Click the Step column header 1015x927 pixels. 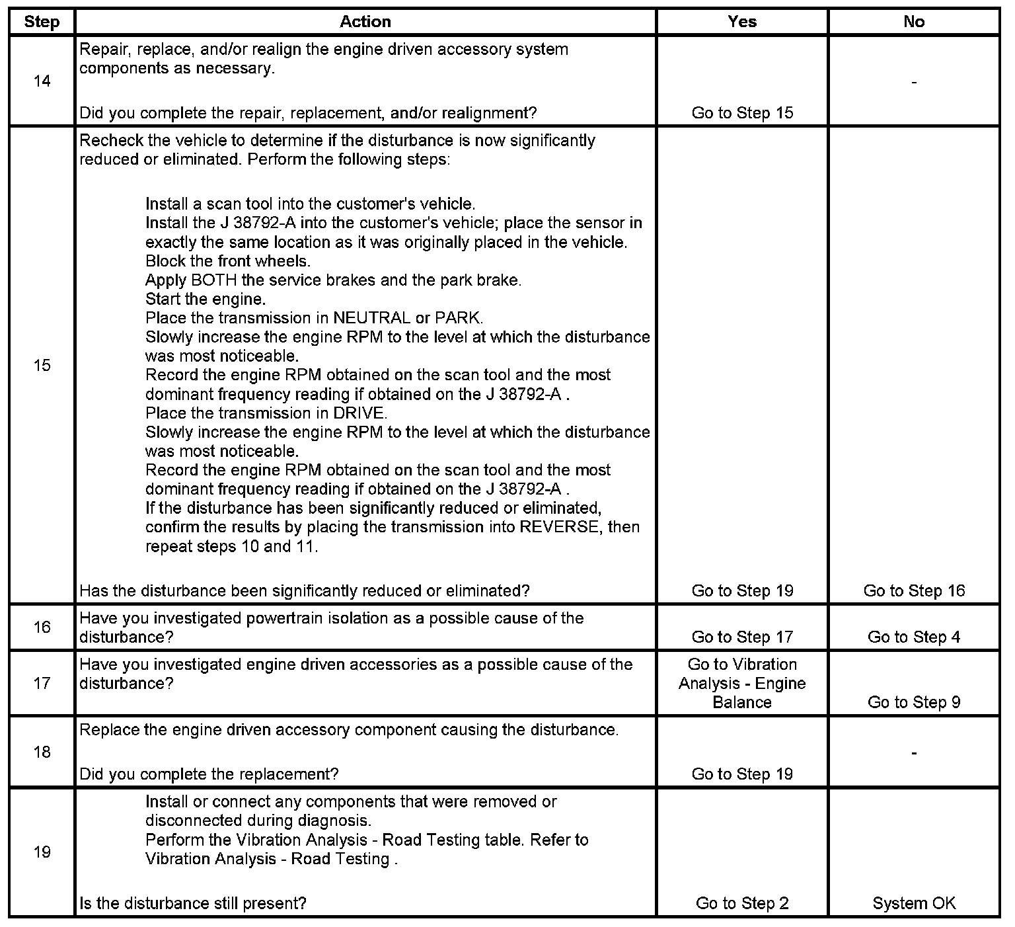(x=42, y=22)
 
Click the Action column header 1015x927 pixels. (x=365, y=22)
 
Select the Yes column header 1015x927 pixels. (x=742, y=22)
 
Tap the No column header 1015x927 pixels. (x=914, y=22)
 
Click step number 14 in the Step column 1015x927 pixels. (x=42, y=81)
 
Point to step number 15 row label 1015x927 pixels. (x=42, y=365)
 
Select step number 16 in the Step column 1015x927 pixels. (x=42, y=627)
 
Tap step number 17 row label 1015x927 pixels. (x=42, y=683)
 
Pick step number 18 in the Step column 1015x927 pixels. (x=42, y=752)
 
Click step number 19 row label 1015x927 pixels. (x=42, y=852)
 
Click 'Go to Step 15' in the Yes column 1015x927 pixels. (x=742, y=113)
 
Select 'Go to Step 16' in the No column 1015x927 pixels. (x=914, y=590)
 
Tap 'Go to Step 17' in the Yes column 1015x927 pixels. (x=742, y=637)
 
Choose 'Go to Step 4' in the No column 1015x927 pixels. (x=914, y=637)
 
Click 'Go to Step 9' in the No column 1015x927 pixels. (x=914, y=702)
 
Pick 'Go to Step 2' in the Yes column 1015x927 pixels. (x=742, y=903)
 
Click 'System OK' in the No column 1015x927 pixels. (x=914, y=903)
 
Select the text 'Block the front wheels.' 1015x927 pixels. (x=227, y=261)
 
